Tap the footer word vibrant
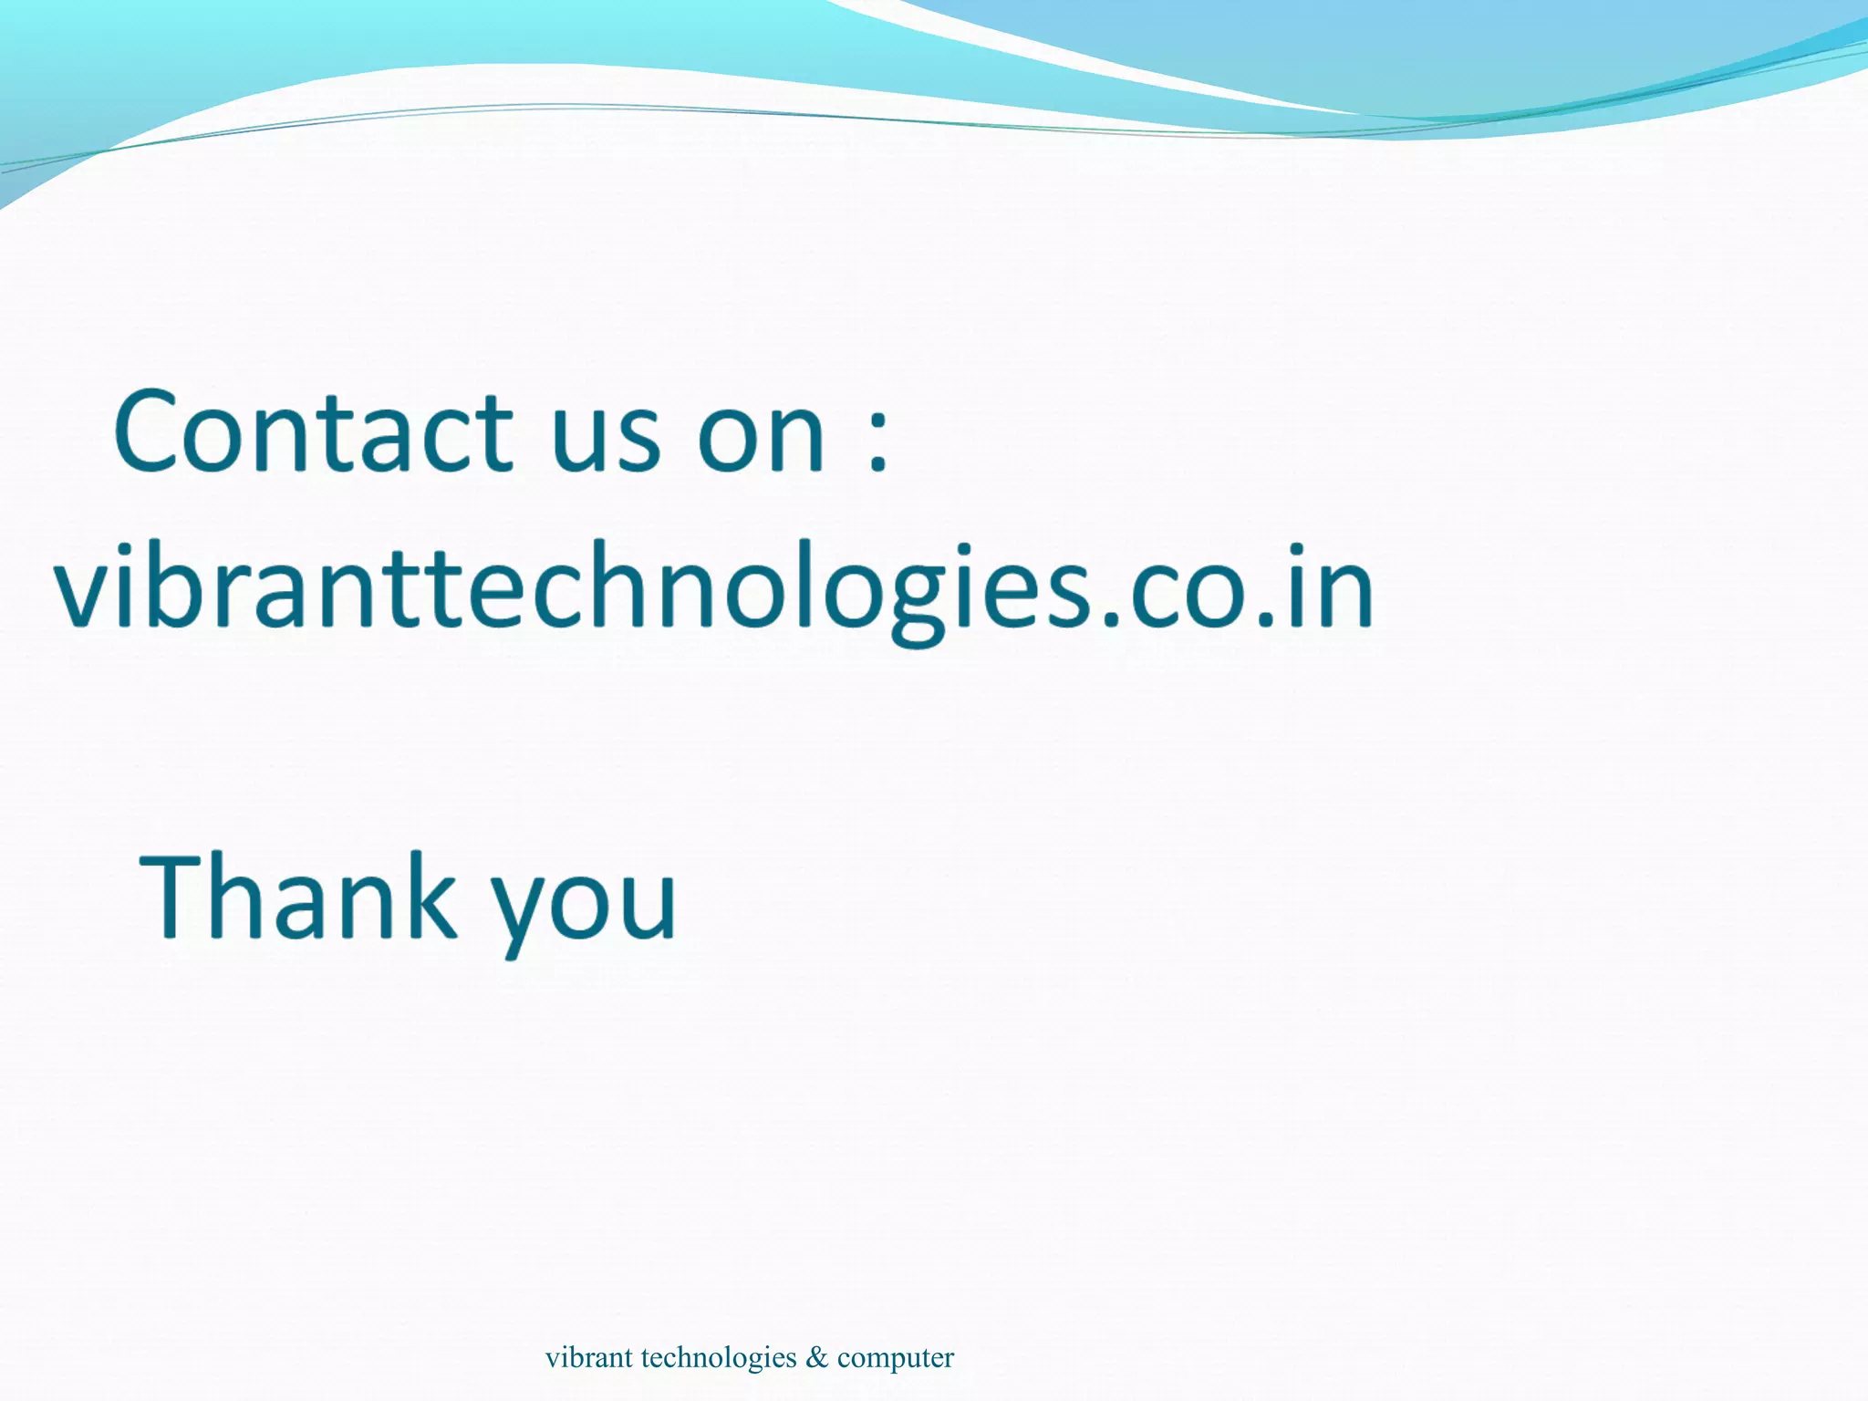(588, 1357)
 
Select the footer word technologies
(719, 1357)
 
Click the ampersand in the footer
(817, 1357)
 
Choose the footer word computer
(896, 1357)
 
